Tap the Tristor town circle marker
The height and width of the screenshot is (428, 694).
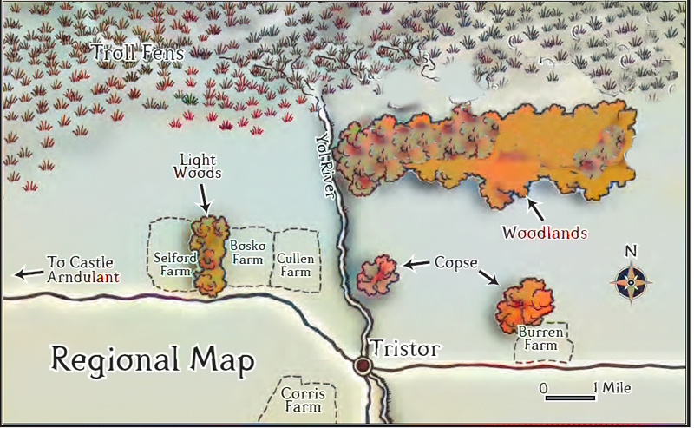pos(363,365)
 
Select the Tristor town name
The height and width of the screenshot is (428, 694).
pos(405,349)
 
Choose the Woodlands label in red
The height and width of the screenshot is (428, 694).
pos(546,233)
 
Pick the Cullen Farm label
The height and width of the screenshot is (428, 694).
pos(295,265)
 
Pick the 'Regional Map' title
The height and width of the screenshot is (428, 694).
pos(152,359)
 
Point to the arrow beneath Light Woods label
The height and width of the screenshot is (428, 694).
pos(205,199)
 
